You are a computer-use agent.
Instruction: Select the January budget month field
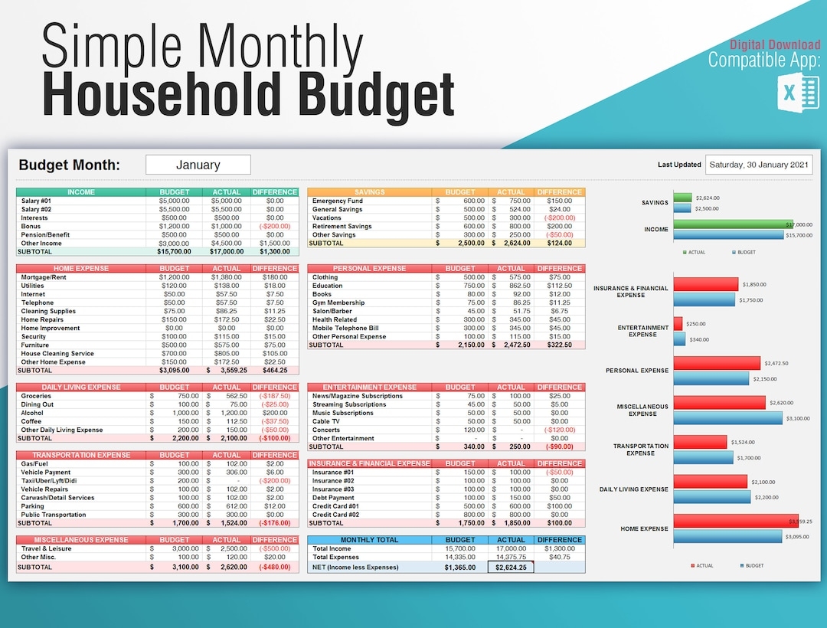[198, 165]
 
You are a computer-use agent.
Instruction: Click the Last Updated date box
[758, 165]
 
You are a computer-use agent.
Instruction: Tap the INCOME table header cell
[81, 192]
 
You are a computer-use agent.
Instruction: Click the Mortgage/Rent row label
[44, 277]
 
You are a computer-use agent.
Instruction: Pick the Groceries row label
[36, 396]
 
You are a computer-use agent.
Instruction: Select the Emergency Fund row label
[338, 201]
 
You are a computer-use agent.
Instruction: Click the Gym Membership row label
[338, 303]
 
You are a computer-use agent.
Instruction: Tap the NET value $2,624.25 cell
[511, 567]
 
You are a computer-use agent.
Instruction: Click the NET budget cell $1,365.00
[459, 567]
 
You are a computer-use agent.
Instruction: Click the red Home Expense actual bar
[736, 522]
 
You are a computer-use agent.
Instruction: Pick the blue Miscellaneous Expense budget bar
[728, 418]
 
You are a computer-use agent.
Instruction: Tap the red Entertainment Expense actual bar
[678, 323]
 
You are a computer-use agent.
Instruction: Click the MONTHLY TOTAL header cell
[369, 540]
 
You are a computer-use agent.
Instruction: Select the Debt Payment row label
[333, 498]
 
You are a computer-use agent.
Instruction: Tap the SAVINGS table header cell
[369, 192]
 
